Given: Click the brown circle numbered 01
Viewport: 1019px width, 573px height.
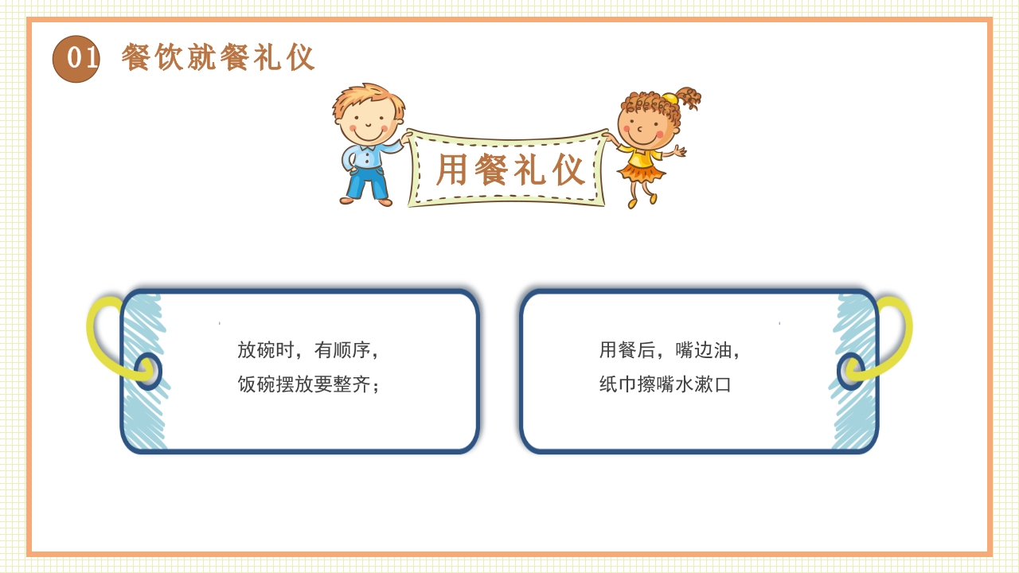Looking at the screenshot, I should (x=76, y=59).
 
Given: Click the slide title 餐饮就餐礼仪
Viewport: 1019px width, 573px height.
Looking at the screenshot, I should (x=218, y=58).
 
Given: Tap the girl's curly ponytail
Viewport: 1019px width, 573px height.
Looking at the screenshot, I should (x=687, y=98).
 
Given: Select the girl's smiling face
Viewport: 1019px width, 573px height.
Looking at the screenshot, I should (x=646, y=127).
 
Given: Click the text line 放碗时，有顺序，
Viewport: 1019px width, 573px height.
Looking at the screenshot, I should (x=308, y=350).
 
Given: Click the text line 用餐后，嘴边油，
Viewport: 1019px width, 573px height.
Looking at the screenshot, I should (x=670, y=350).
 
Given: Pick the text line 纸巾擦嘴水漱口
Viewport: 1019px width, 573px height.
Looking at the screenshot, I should (x=665, y=385).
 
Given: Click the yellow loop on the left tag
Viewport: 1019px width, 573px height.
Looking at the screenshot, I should (x=100, y=334).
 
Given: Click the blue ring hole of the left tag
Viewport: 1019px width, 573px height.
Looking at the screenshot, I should (x=147, y=372).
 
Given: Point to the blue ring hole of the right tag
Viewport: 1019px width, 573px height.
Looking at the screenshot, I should (x=850, y=372).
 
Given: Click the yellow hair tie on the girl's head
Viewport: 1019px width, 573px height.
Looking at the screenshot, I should (x=669, y=99).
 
